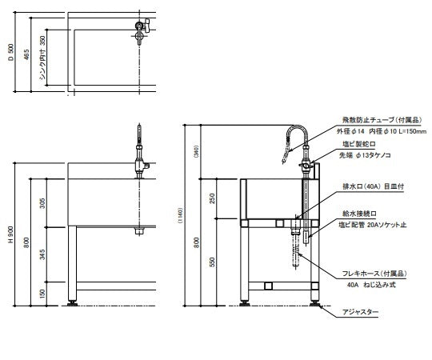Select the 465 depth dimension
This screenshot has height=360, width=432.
pyautogui.click(x=27, y=54)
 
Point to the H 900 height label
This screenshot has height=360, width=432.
pyautogui.click(x=9, y=234)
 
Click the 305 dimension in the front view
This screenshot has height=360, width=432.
pyautogui.click(x=42, y=203)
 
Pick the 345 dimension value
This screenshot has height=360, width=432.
pyautogui.click(x=42, y=255)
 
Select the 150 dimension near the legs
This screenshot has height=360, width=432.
pyautogui.click(x=42, y=293)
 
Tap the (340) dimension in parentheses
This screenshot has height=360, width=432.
pyautogui.click(x=196, y=152)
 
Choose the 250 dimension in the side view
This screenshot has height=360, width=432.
pyautogui.click(x=212, y=198)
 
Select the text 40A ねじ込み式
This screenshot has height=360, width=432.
pyautogui.click(x=372, y=284)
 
